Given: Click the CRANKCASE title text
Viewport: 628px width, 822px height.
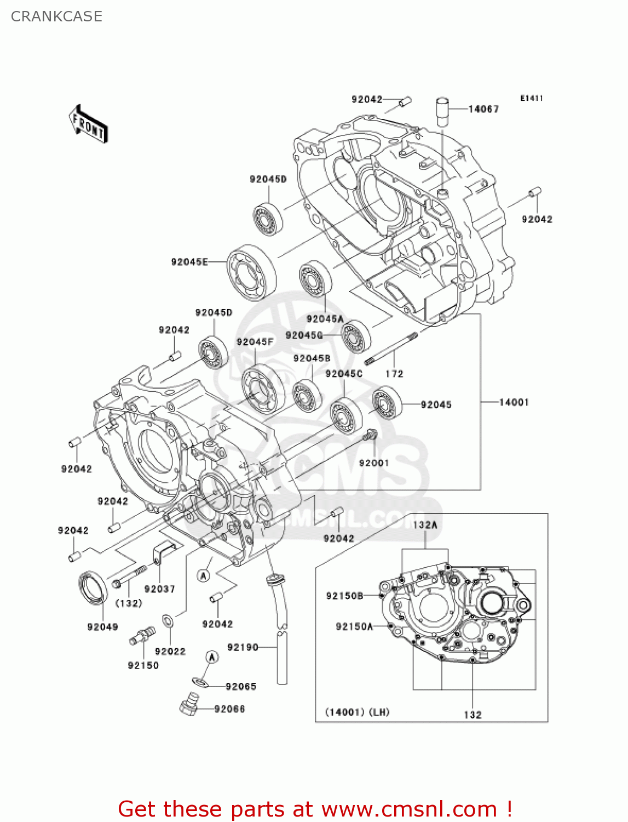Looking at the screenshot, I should tap(56, 16).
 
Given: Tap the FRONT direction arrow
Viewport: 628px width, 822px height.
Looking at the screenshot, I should tap(88, 124).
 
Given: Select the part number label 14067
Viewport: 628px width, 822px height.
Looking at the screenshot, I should tap(483, 109).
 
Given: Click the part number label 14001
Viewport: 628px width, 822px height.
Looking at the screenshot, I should tap(514, 402).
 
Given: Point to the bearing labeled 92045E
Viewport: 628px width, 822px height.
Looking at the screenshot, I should tap(252, 272).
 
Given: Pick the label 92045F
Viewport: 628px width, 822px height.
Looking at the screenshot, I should tap(255, 342).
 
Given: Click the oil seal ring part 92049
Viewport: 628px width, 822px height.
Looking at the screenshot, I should tap(93, 587).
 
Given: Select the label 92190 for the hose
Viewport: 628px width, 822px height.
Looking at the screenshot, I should tap(243, 647).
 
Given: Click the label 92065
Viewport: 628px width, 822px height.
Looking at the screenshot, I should tap(240, 687).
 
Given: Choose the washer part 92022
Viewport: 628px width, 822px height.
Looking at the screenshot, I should tap(168, 622).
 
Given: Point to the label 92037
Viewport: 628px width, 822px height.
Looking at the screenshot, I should tap(159, 589).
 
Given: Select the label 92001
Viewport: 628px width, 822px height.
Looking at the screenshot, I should tap(374, 463).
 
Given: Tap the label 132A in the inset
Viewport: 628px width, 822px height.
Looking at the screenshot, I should tap(425, 525).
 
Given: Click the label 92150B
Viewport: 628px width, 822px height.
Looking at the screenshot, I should tap(344, 596).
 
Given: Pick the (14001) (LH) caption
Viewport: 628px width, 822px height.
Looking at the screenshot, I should tap(357, 712).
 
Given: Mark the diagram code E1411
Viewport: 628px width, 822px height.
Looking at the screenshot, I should tap(531, 98).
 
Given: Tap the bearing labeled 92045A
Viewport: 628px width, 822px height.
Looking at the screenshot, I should tap(316, 279).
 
